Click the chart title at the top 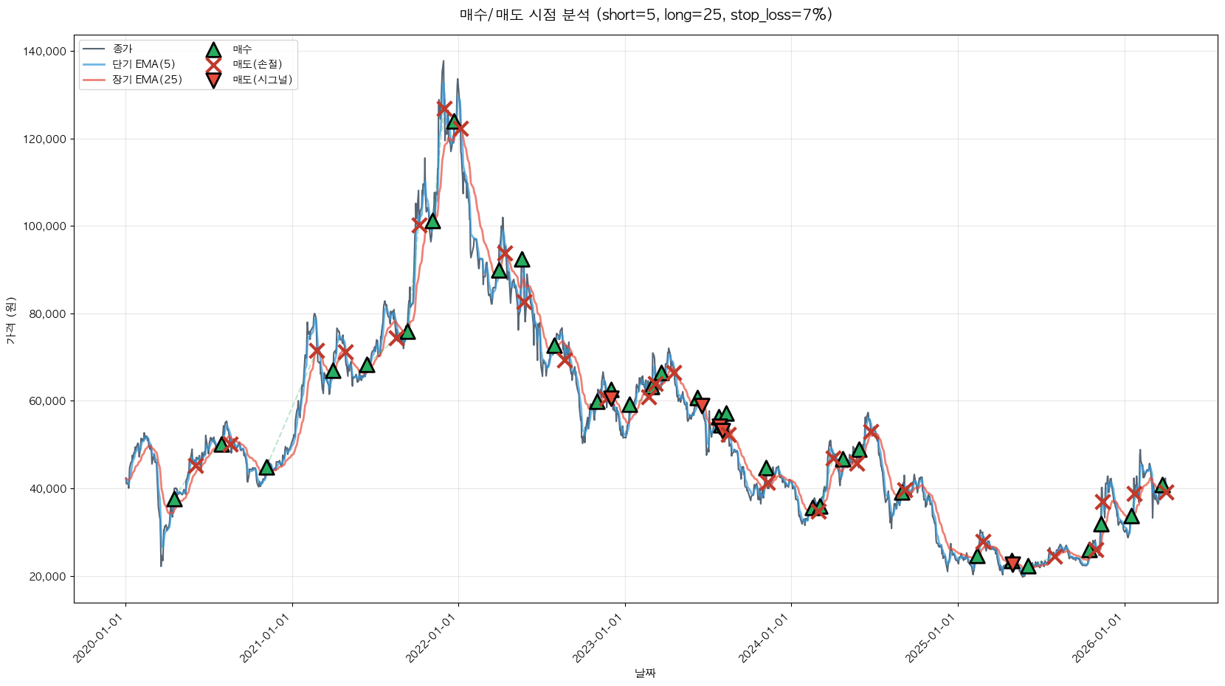[646, 15]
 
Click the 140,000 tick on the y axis [45, 52]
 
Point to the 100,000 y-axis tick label [45, 226]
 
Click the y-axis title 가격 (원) [10, 321]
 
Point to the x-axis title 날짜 [645, 673]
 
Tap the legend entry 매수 [242, 49]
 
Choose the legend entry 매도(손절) [258, 64]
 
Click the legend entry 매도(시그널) [263, 80]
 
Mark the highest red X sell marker [444, 108]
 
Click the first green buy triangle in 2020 [174, 499]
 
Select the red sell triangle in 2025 [1012, 564]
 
